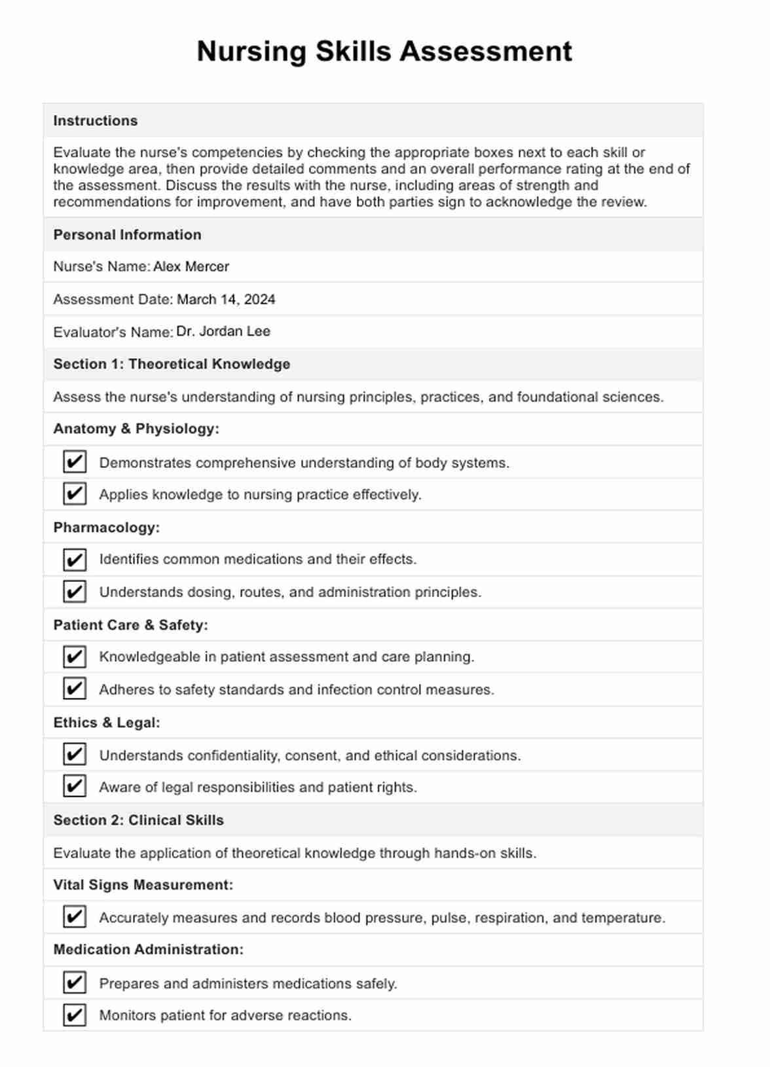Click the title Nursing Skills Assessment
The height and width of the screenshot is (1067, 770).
[384, 52]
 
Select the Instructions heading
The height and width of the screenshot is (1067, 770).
[96, 120]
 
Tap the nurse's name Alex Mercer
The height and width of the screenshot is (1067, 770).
[191, 266]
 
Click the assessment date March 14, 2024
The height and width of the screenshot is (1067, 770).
[226, 299]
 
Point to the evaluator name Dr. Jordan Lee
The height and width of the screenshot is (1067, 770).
[223, 331]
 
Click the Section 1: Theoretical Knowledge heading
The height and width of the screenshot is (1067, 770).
[172, 364]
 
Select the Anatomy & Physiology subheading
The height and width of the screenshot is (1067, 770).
[136, 429]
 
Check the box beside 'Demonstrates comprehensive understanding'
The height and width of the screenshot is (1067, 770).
[75, 461]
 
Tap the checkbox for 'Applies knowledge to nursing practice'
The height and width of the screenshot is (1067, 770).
[75, 494]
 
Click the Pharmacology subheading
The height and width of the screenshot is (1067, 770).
[107, 528]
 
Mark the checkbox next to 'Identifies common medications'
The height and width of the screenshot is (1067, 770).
[75, 560]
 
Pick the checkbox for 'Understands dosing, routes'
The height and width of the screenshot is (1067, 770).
[75, 592]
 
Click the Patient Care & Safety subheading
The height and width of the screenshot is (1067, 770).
[131, 625]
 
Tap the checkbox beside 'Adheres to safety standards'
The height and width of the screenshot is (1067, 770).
[75, 689]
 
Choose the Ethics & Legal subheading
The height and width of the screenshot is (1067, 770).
[107, 723]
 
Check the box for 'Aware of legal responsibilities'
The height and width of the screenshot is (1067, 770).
[75, 786]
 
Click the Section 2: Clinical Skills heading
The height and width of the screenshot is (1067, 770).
[139, 820]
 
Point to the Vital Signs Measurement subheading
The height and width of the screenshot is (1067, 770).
[143, 885]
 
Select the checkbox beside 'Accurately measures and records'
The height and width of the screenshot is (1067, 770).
[75, 916]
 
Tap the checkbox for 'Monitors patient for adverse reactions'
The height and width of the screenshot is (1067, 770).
[75, 1015]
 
